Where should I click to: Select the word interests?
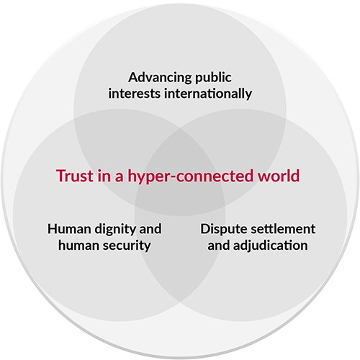(134, 94)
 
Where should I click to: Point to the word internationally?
(208, 94)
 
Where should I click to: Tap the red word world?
(279, 176)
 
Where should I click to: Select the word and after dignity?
(150, 229)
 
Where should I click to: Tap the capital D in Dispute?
(205, 229)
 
